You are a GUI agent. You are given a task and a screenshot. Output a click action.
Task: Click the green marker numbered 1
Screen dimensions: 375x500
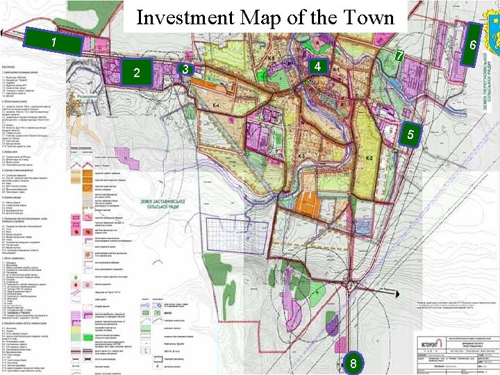pos(53,42)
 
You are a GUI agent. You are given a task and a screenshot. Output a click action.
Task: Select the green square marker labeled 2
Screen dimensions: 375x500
pos(137,72)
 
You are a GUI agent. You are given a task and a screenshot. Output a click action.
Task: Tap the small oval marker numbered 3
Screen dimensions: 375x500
pos(185,69)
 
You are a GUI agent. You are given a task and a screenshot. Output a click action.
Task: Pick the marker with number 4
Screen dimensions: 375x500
pos(316,67)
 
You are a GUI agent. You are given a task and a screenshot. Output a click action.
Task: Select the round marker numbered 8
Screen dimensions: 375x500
pos(353,363)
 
